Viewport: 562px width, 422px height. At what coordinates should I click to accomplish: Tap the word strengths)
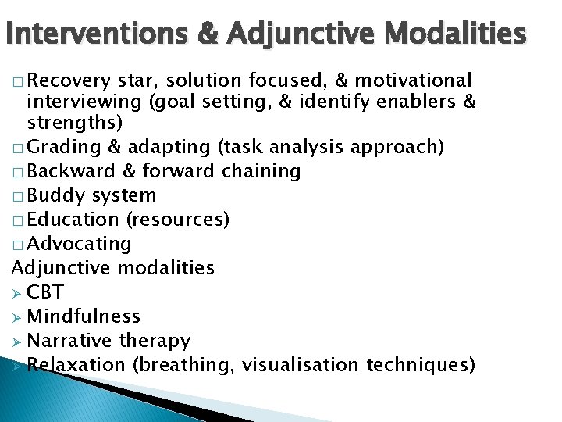click(x=75, y=123)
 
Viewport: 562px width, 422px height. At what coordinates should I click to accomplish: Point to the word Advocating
click(x=80, y=244)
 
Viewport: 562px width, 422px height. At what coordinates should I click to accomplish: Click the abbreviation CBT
click(x=45, y=292)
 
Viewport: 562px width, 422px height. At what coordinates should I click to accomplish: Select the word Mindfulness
click(x=84, y=316)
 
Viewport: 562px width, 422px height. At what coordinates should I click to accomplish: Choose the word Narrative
click(x=69, y=341)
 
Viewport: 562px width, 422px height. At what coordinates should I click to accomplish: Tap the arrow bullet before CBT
click(x=17, y=292)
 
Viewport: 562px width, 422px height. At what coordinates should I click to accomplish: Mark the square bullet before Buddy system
click(x=17, y=196)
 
